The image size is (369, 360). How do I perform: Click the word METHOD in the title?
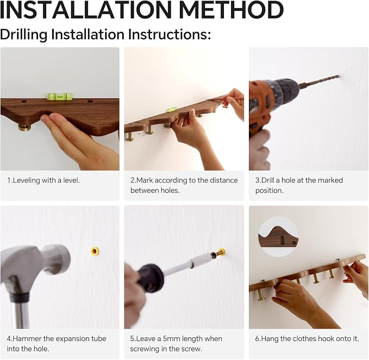(232, 10)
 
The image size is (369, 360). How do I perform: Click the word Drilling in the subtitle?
(24, 34)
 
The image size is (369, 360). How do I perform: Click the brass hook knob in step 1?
(24, 128)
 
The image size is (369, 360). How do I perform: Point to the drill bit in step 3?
(320, 81)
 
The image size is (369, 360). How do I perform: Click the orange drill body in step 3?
(258, 106)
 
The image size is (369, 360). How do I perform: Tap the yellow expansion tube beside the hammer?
(95, 251)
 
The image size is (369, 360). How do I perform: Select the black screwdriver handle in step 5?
(151, 277)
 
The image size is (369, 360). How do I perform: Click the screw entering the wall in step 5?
(218, 253)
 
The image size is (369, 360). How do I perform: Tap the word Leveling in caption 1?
(26, 180)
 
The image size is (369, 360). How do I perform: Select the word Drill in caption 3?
(267, 180)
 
